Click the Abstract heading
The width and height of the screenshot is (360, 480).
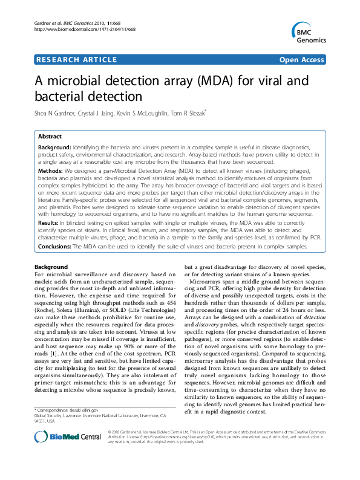pos(50,137)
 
